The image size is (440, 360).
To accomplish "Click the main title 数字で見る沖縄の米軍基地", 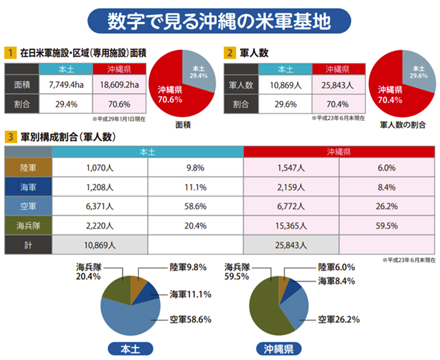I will [219, 21].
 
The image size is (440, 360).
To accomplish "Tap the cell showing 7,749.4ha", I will [65, 84].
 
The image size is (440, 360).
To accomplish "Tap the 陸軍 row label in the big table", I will [28, 168].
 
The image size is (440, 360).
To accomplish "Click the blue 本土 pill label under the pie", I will [130, 348].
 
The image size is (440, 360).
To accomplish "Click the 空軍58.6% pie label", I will [189, 319].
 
